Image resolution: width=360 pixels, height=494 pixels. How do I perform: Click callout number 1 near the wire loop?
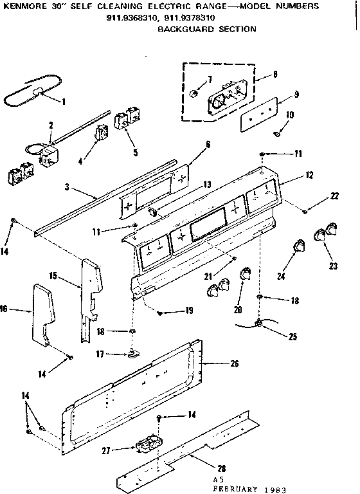click(x=64, y=100)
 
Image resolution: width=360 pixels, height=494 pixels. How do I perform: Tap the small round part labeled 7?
click(x=194, y=88)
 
